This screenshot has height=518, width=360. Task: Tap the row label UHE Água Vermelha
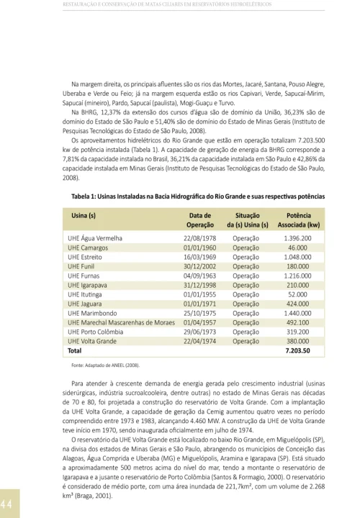point(96,237)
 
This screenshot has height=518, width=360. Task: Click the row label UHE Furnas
point(84,275)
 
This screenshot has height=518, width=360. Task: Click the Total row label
point(75,350)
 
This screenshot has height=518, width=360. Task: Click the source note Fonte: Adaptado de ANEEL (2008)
point(105,365)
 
